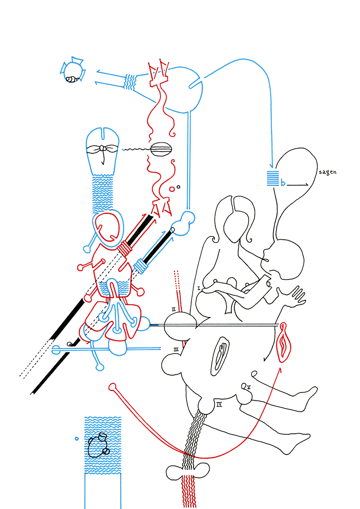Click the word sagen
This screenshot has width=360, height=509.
327,172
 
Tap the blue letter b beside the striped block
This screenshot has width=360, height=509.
283,183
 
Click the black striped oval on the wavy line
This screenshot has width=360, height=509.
162,149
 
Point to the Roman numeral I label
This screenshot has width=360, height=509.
199,288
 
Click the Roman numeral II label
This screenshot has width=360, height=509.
174,309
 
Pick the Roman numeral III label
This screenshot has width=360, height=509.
175,350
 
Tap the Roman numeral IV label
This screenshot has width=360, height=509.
218,405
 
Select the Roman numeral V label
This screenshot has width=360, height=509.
248,387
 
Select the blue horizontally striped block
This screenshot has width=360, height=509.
273,178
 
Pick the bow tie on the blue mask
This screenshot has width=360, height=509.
103,150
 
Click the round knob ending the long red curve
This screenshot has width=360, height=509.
112,387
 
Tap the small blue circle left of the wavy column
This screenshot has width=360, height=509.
76,438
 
